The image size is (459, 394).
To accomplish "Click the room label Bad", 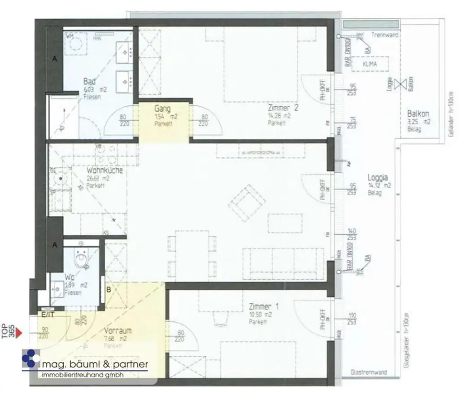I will (89, 82).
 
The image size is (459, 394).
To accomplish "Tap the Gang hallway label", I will (162, 109).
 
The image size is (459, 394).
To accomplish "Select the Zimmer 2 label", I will (283, 108).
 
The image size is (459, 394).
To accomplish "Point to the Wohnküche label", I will (104, 171).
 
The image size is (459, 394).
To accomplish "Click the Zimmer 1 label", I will (264, 307).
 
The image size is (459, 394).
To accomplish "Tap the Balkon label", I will (418, 114).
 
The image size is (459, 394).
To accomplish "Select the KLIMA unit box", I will (370, 64).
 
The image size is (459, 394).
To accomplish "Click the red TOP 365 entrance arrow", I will (19, 333).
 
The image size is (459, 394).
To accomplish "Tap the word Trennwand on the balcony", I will (382, 35).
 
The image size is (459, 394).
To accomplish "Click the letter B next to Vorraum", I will (108, 289).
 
